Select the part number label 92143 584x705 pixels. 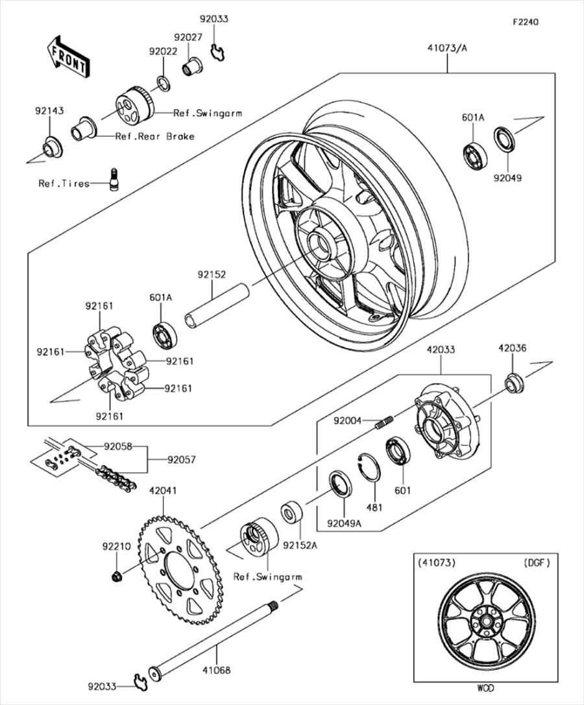49,111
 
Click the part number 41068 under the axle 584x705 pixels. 216,669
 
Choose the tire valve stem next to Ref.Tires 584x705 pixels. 115,178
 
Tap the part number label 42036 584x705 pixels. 512,348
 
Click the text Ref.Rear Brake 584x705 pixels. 154,136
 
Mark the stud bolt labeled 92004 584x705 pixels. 385,423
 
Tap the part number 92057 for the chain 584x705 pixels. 181,460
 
